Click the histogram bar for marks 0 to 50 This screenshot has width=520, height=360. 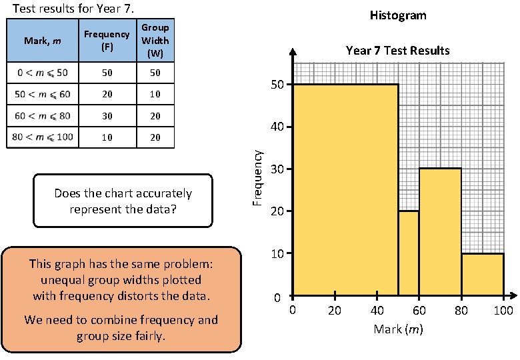[x=345, y=190]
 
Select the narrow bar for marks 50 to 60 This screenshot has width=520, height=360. [x=409, y=253]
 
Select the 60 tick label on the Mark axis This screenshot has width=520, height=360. [x=419, y=311]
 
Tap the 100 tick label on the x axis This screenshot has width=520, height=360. [x=503, y=311]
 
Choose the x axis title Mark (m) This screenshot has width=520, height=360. [x=398, y=329]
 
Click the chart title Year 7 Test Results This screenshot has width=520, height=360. [x=397, y=51]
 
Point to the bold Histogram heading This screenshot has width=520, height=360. [x=397, y=15]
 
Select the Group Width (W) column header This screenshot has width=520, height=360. [x=155, y=40]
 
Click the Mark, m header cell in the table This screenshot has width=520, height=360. [x=41, y=41]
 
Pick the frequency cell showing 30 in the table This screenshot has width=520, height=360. [x=107, y=116]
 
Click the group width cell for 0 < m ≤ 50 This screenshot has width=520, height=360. [x=155, y=72]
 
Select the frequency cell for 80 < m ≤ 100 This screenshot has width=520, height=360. [x=107, y=138]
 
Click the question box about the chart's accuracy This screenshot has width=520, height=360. [x=123, y=201]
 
